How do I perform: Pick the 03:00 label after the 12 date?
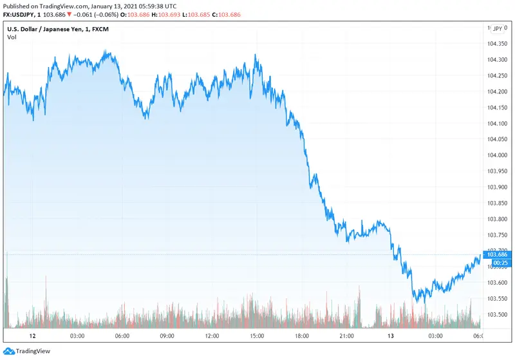tap(77, 336)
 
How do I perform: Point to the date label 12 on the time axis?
tap(32, 336)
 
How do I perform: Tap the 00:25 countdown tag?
tap(501, 263)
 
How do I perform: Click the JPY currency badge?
tap(497, 29)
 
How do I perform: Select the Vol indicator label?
tap(12, 37)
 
